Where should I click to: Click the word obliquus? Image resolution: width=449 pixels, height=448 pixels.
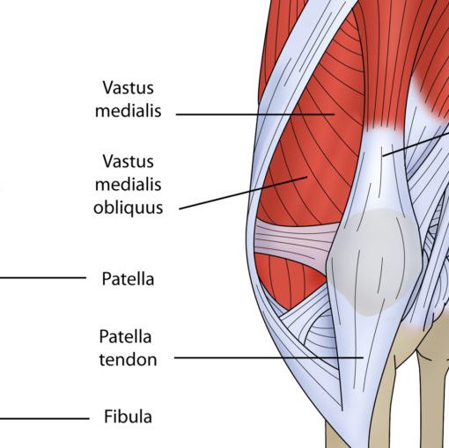click(129, 208)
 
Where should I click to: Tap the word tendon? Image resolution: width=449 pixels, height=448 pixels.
click(128, 359)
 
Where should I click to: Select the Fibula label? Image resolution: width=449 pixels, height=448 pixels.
click(128, 416)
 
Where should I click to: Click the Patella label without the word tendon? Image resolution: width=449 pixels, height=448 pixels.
click(128, 279)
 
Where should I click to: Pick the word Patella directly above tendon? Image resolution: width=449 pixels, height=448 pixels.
click(125, 336)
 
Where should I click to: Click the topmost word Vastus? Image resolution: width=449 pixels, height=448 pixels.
click(129, 87)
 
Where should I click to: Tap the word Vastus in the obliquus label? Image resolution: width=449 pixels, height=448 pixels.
click(129, 161)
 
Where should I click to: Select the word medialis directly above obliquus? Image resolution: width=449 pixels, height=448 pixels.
click(129, 184)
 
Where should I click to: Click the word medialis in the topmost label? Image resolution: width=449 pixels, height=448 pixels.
click(129, 111)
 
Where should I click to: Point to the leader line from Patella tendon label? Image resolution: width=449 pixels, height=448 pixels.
click(269, 357)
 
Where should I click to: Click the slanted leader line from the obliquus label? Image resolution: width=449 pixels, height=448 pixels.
click(243, 193)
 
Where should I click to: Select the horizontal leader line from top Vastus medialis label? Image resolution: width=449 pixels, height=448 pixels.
click(255, 114)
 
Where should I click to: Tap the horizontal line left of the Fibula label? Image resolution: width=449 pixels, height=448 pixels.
click(44, 418)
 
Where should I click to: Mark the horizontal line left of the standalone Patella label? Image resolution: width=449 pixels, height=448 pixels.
click(43, 277)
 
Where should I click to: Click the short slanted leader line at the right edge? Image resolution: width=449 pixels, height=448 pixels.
click(416, 144)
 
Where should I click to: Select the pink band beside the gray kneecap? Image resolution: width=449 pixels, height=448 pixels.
click(293, 241)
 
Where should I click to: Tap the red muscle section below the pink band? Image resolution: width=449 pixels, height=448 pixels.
click(289, 279)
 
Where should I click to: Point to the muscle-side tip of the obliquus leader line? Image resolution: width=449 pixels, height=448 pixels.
click(307, 177)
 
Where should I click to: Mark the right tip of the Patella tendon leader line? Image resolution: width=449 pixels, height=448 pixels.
click(364, 357)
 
